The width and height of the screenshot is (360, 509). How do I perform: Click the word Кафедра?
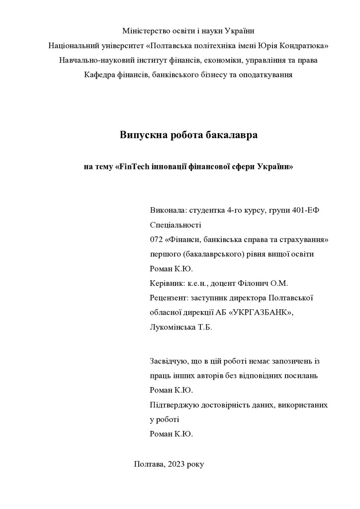pos(100,75)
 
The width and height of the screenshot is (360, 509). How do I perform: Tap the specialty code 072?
pos(157,240)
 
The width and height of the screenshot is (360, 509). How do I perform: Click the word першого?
pos(165,254)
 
